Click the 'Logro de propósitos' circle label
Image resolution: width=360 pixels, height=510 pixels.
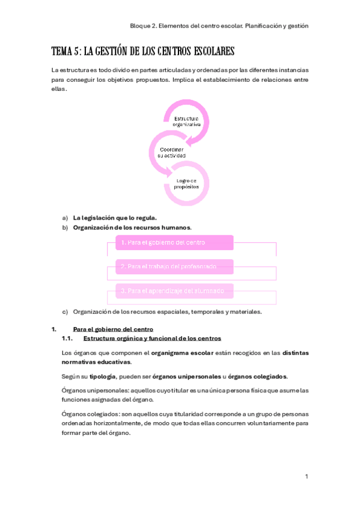[x=186, y=183]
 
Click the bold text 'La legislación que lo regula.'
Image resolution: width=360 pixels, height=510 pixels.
[x=115, y=217]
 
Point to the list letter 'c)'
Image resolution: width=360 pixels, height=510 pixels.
[x=65, y=312]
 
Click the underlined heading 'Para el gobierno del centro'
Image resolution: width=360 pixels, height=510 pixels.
[x=113, y=329]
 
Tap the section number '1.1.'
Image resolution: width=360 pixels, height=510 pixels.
[x=67, y=339]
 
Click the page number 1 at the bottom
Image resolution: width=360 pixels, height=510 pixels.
[x=306, y=476]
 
